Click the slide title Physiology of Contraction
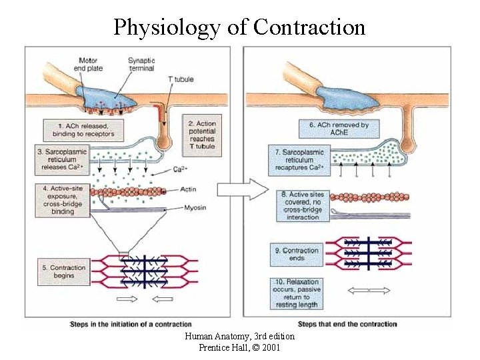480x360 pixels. tap(239, 27)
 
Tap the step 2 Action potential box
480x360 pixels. tap(201, 135)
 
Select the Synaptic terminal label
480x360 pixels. tap(141, 64)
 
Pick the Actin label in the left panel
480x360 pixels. tap(187, 190)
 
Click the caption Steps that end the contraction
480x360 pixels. tap(347, 324)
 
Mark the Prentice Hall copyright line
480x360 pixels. tap(239, 347)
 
